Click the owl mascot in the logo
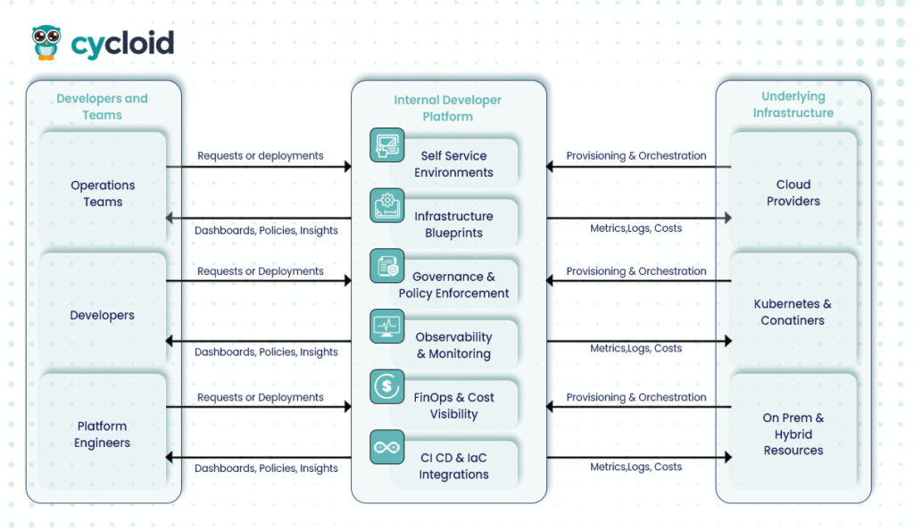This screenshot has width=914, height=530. tap(46, 42)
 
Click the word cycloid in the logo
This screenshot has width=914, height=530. tap(122, 43)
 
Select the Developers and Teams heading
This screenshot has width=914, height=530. tap(102, 106)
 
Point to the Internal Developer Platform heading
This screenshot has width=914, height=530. tap(447, 108)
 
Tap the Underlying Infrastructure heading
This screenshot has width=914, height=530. tap(793, 104)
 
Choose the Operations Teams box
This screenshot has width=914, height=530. tap(103, 194)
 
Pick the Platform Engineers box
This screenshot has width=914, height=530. tap(103, 435)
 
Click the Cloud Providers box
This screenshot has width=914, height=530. tap(793, 193)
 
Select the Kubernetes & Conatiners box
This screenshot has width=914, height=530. tap(793, 312)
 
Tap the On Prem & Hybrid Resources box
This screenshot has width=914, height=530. tap(793, 435)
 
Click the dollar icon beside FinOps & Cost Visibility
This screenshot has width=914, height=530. tap(387, 386)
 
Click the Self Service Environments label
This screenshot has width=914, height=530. tap(453, 164)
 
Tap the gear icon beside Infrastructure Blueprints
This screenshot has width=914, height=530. tap(387, 204)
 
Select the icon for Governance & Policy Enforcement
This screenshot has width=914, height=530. tap(387, 266)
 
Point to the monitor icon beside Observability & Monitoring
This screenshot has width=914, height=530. tap(387, 326)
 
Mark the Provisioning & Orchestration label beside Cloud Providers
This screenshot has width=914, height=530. tap(636, 155)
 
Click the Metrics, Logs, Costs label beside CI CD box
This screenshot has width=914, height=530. tap(636, 467)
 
